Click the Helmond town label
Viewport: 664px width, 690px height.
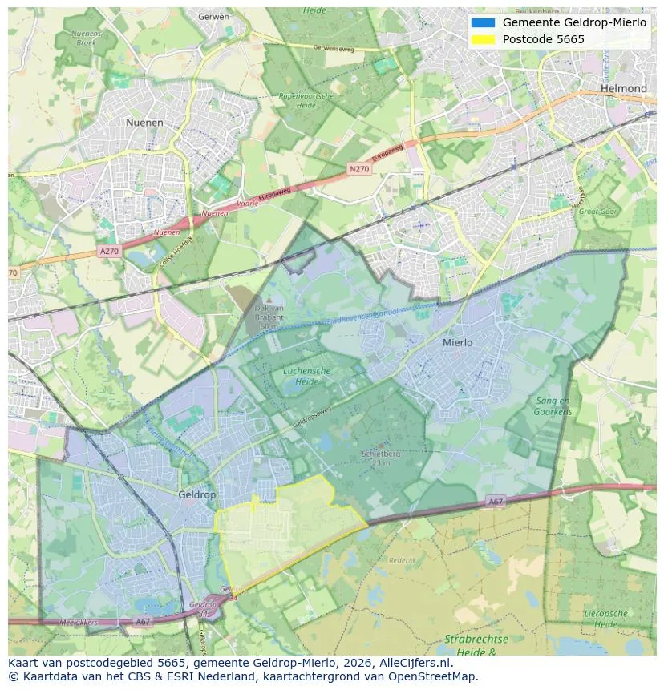click(x=623, y=88)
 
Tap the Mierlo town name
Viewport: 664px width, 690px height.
click(x=457, y=342)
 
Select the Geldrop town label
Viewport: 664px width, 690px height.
click(x=196, y=495)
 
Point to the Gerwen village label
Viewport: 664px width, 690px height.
click(x=213, y=16)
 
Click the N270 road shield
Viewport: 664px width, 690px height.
click(x=358, y=169)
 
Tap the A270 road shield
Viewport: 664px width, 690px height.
click(x=108, y=251)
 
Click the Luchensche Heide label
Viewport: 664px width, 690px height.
click(x=306, y=377)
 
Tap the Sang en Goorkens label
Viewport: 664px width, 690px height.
click(x=553, y=406)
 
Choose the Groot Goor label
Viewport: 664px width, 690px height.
click(x=597, y=212)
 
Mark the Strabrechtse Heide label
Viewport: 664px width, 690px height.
click(x=476, y=645)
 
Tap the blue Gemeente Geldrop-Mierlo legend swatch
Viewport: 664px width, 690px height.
click(x=483, y=22)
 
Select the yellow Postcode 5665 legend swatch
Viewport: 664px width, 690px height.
click(x=483, y=39)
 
